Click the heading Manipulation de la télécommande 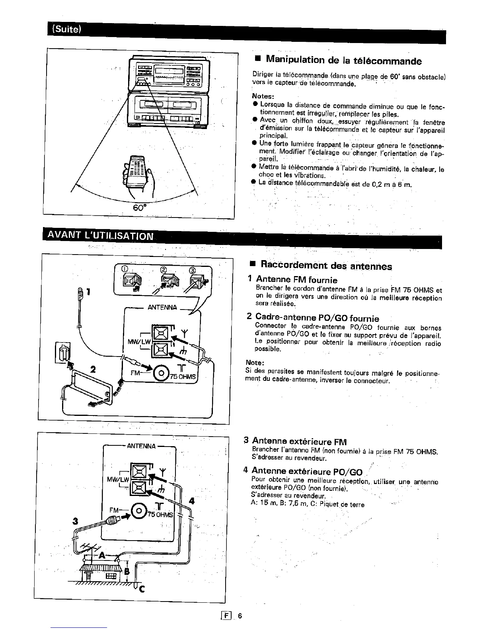pyautogui.click(x=343, y=61)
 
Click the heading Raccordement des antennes pyautogui.click(x=326, y=266)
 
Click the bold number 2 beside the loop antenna pyautogui.click(x=93, y=369)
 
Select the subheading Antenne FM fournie pyautogui.click(x=296, y=280)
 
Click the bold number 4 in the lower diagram pyautogui.click(x=192, y=501)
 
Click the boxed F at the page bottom pyautogui.click(x=228, y=615)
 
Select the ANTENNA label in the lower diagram pyautogui.click(x=141, y=446)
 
